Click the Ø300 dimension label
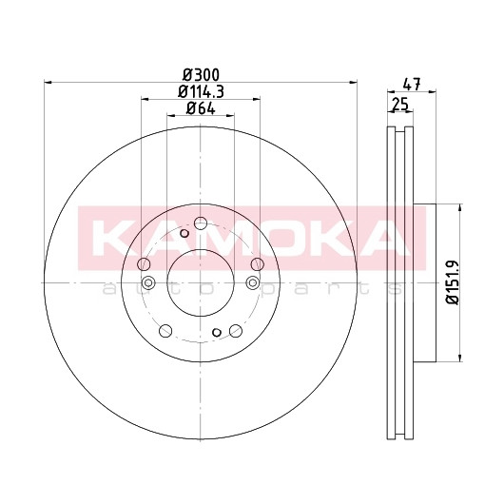coord(201,75)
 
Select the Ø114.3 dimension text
coord(201,92)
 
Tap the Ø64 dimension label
coord(201,108)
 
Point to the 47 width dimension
coord(412,85)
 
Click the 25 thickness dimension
coord(400,105)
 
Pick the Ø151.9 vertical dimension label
coord(453,282)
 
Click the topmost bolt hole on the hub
coord(201,223)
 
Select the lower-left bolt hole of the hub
coord(165,331)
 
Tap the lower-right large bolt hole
coord(236,331)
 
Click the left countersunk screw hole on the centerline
coord(148,282)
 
